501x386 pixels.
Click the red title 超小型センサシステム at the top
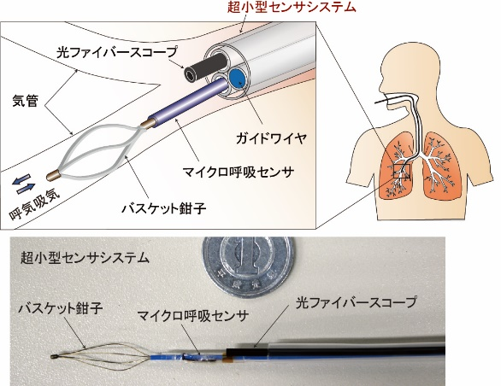point(292,7)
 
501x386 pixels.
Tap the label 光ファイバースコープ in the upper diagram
point(117,52)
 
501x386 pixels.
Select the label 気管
point(26,101)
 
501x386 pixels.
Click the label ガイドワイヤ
point(271,138)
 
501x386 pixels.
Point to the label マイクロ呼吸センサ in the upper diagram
point(239,173)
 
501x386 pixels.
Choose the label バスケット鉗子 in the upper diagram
point(164,208)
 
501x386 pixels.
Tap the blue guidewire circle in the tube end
point(239,78)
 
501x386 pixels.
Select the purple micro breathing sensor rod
point(188,102)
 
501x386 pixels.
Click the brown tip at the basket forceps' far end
point(53,174)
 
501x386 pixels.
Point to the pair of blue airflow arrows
point(23,184)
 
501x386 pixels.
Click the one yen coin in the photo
point(248,267)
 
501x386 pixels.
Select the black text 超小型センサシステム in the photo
point(85,257)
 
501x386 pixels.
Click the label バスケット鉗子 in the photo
point(61,308)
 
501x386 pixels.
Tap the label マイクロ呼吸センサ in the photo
point(192,316)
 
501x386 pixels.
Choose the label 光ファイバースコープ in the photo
point(357,302)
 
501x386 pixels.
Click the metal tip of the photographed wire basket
point(54,355)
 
